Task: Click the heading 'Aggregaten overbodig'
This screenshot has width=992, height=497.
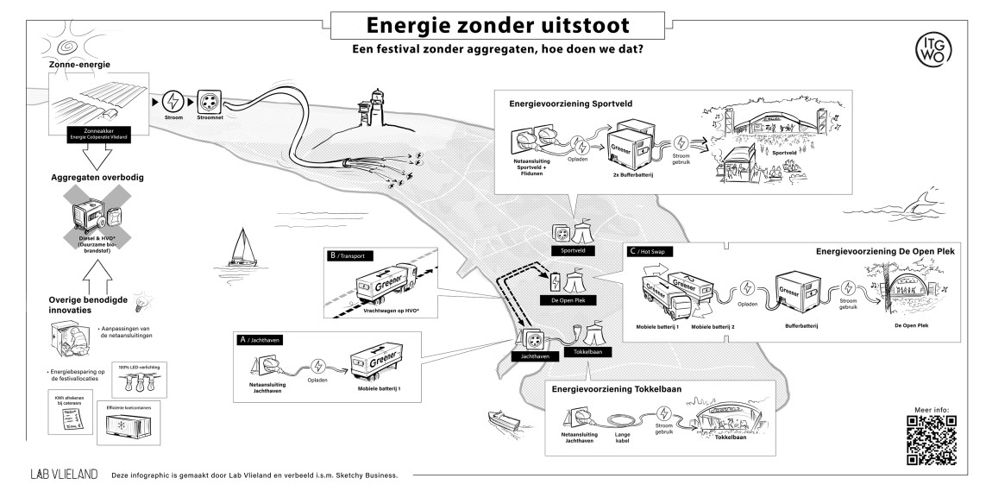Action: tap(96, 177)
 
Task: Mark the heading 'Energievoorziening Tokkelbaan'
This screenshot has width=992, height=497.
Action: tap(616, 390)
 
